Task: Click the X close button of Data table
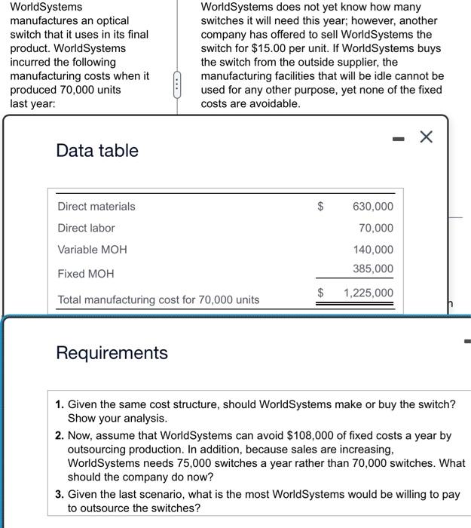tap(426, 137)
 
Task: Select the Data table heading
tap(97, 150)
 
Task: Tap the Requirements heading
tap(112, 352)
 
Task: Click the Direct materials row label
tap(96, 206)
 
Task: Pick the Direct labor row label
tap(86, 228)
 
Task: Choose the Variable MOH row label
tap(92, 249)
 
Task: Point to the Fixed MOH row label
tap(85, 274)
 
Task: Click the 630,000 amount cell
tap(373, 206)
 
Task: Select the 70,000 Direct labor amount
tap(376, 228)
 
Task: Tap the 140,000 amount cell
tap(373, 249)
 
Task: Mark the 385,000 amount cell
tap(373, 269)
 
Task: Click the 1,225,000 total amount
tap(368, 293)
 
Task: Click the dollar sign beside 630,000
tap(320, 206)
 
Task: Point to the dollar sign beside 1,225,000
tap(320, 293)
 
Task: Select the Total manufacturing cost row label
tap(158, 299)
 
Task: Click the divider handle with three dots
tap(178, 82)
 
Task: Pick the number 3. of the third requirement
tap(60, 494)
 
